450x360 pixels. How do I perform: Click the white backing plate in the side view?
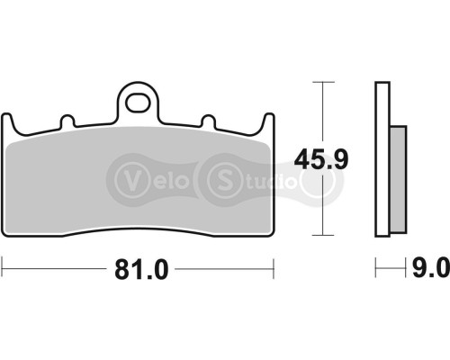382,158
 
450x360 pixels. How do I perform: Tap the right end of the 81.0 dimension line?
272,268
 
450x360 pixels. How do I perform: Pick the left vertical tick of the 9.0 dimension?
375,268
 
